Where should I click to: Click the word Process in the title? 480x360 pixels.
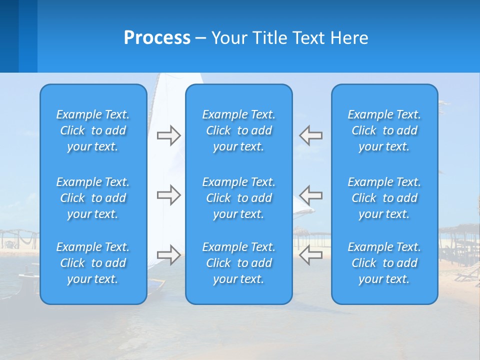(157, 38)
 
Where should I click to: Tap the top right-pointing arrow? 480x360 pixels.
(168, 135)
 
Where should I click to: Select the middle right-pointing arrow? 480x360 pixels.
(168, 195)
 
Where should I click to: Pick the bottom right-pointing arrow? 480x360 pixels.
(168, 254)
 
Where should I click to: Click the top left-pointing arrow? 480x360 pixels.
(311, 135)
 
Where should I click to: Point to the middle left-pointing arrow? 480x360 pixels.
(311, 195)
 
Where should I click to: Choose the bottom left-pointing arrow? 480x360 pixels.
(311, 254)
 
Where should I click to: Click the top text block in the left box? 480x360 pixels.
(93, 130)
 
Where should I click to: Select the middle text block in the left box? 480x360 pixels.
(93, 198)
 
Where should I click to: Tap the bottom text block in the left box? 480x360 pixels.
(93, 263)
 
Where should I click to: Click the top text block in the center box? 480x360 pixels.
(239, 130)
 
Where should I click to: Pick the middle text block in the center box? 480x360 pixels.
(239, 198)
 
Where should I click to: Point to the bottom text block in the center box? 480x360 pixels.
(239, 263)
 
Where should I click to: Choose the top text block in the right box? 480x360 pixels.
(384, 130)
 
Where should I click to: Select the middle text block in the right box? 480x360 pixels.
(384, 198)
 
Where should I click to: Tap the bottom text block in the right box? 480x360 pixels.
(384, 263)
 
